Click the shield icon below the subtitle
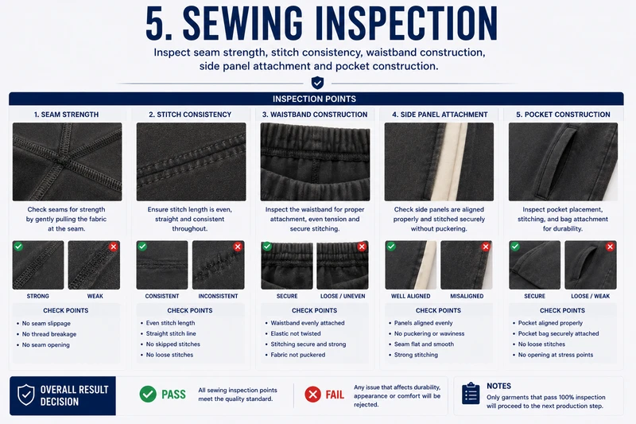click(x=317, y=83)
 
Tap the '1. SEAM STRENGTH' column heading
click(x=66, y=115)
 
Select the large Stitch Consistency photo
click(x=191, y=161)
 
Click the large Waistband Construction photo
click(x=315, y=161)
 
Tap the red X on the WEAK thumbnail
click(x=114, y=247)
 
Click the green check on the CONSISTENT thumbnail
click(x=142, y=247)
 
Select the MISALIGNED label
click(x=467, y=296)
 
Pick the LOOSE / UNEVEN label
click(x=343, y=296)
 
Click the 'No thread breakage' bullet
click(x=49, y=334)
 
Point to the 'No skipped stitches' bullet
click(x=173, y=344)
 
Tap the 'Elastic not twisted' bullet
click(x=295, y=333)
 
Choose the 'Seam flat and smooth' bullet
click(x=424, y=344)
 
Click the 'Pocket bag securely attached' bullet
click(x=558, y=333)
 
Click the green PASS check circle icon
click(x=148, y=394)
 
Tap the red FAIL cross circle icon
click(x=312, y=394)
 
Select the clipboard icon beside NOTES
click(x=471, y=393)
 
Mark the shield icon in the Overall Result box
click(x=26, y=395)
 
